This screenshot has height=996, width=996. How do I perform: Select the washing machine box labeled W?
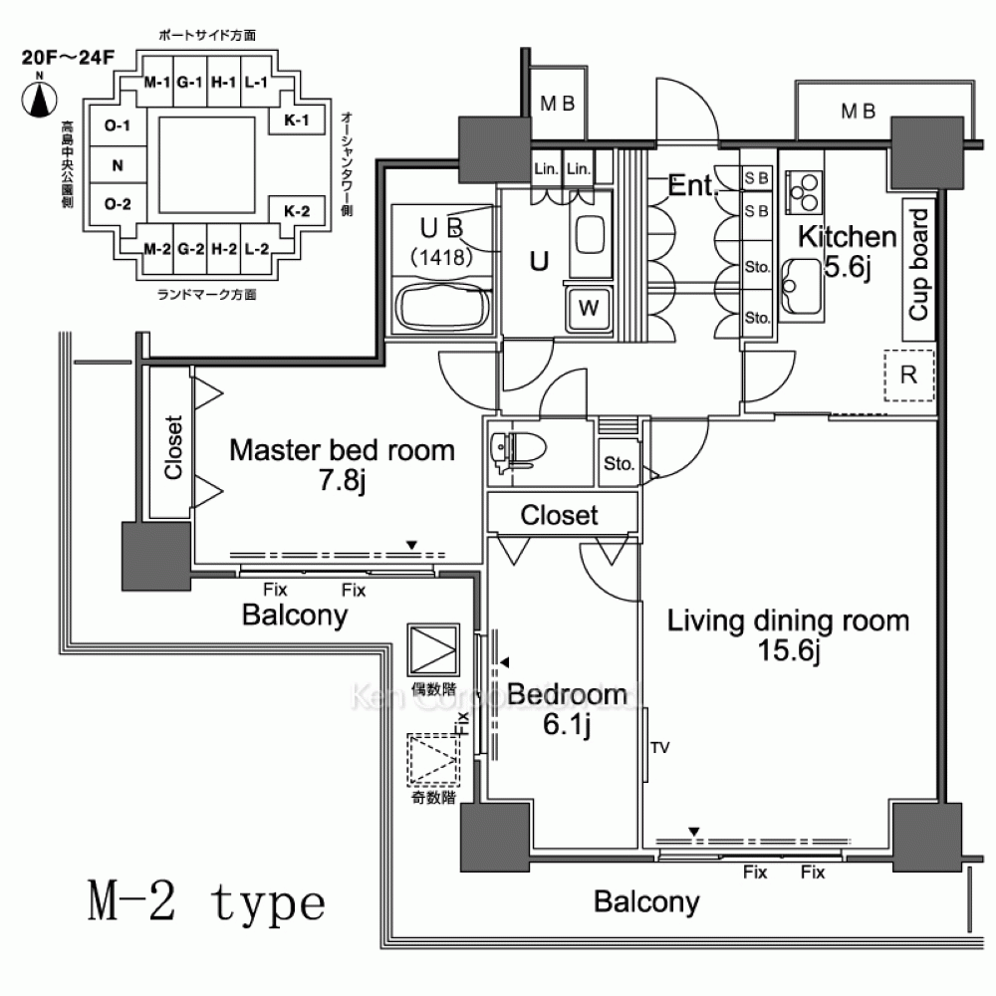pyautogui.click(x=589, y=308)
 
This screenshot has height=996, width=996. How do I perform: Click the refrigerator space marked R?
pyautogui.click(x=907, y=375)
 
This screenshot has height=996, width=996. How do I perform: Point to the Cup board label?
pyautogui.click(x=919, y=264)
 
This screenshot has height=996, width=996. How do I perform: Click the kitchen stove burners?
pyautogui.click(x=803, y=188)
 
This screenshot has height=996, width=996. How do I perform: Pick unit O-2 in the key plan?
pyautogui.click(x=118, y=204)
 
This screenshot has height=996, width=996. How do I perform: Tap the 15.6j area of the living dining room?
pyautogui.click(x=786, y=653)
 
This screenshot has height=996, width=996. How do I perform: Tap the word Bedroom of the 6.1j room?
pyautogui.click(x=567, y=695)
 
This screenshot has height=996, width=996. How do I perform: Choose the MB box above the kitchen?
pyautogui.click(x=857, y=111)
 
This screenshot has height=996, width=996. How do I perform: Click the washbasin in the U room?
pyautogui.click(x=591, y=234)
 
